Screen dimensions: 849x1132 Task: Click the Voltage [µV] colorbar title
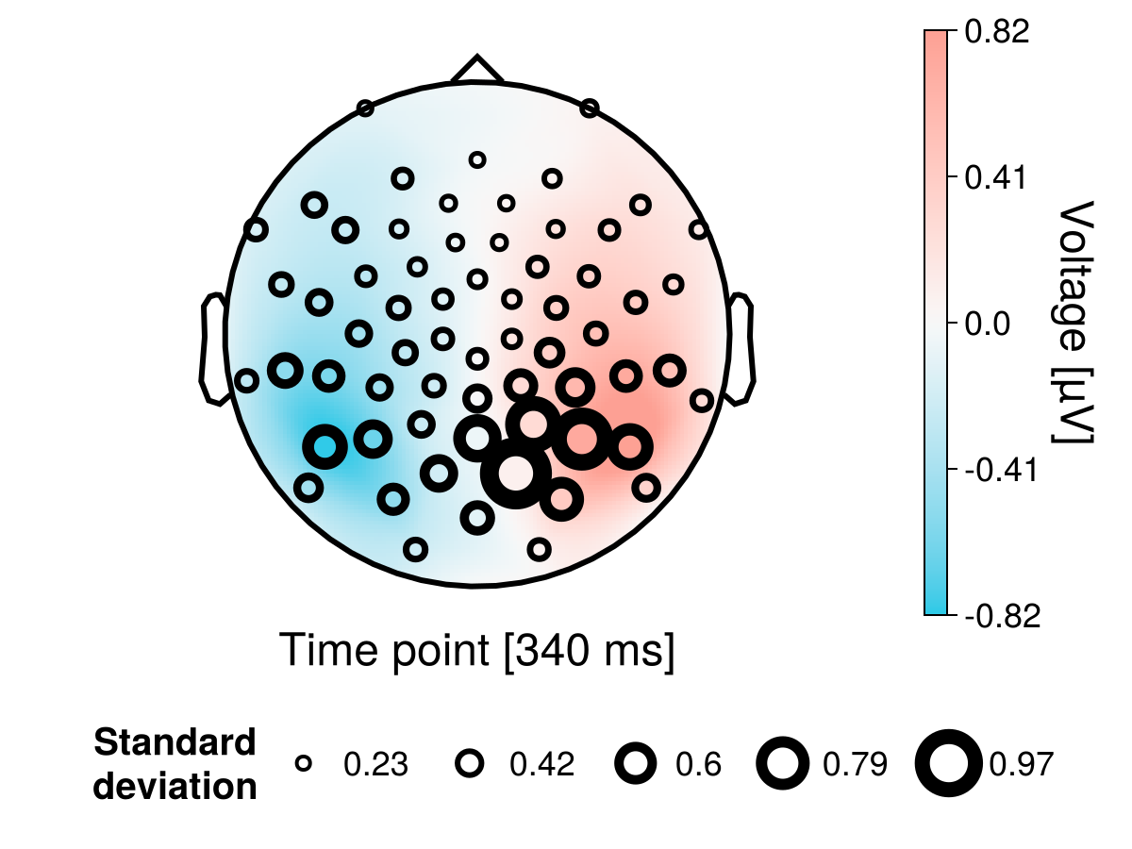tap(1075, 322)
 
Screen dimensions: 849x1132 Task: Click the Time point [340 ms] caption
tap(477, 652)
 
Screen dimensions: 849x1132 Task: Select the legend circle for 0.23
tap(304, 764)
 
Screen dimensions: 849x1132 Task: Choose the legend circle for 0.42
tap(470, 764)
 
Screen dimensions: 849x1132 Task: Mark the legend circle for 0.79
tap(783, 764)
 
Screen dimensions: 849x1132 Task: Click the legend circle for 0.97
tap(949, 764)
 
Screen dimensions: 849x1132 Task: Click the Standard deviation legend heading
tap(175, 764)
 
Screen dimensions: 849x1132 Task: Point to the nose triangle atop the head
tap(477, 71)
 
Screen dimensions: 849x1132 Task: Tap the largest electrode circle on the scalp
tap(515, 474)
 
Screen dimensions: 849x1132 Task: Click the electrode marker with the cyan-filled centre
tap(325, 446)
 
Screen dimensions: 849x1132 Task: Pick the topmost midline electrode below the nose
tap(477, 160)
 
